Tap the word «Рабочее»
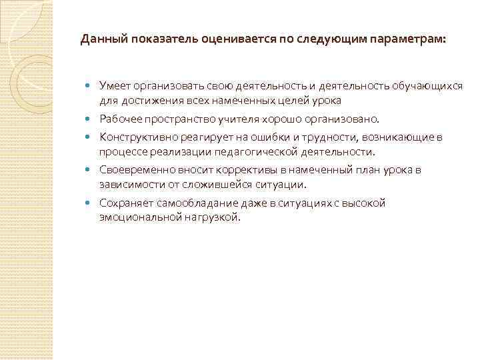pyautogui.click(x=121, y=119)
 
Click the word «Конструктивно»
pyautogui.click(x=137, y=138)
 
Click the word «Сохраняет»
pyautogui.click(x=125, y=203)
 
